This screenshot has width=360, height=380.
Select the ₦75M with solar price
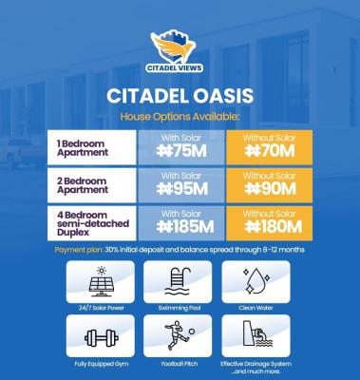(x=180, y=149)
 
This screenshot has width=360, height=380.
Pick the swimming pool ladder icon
(x=179, y=282)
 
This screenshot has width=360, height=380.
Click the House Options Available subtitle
(x=180, y=116)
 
